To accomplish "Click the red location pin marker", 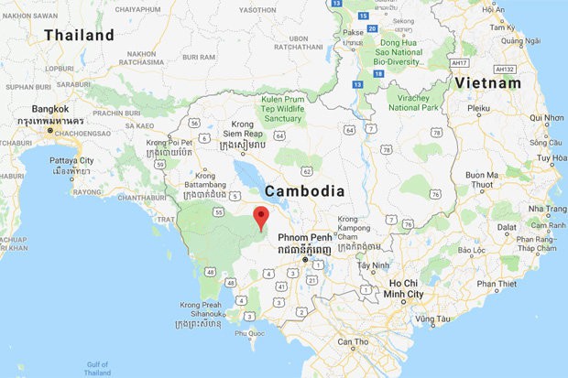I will pos(261,218).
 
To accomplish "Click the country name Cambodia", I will pos(305,191).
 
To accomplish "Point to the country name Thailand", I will pos(80,36).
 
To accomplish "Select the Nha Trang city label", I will pos(545,210).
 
